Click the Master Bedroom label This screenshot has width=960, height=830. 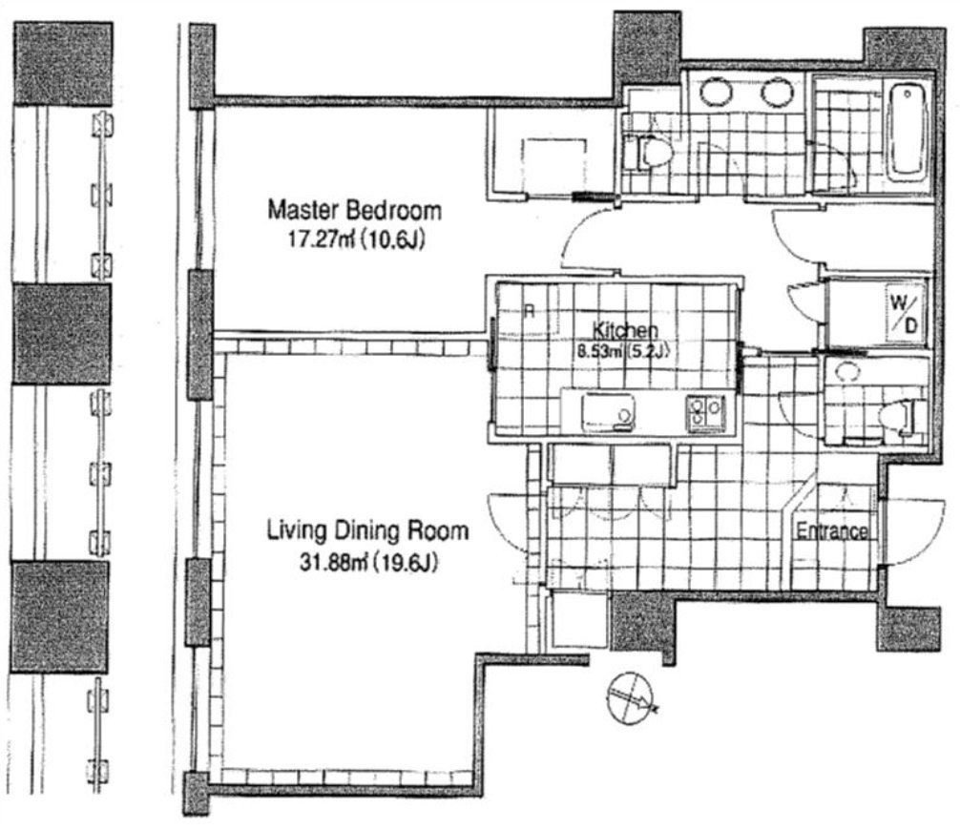coord(354,211)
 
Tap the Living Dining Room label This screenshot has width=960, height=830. coord(367,530)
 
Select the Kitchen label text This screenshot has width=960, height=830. coord(625,330)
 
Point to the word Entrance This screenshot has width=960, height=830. coord(831,531)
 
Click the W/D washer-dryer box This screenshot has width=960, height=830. coord(904,313)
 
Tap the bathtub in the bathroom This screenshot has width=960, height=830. coord(908,132)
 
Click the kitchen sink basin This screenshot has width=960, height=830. coord(607,411)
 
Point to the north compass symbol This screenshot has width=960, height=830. coord(631,698)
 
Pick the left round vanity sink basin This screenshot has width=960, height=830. coord(717,92)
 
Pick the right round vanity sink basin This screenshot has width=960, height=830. coord(778,92)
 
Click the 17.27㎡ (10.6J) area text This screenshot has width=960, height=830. coord(356,239)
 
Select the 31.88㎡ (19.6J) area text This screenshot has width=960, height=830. coord(368,561)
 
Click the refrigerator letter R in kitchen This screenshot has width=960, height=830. coord(531,312)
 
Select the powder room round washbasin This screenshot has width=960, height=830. coord(847,373)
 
